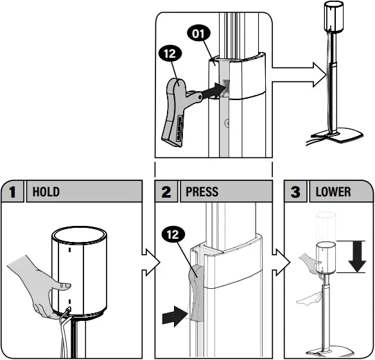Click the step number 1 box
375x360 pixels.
pyautogui.click(x=12, y=192)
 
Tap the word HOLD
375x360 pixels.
pyautogui.click(x=46, y=192)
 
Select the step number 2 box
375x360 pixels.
pyautogui.click(x=167, y=192)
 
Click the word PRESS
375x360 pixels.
pyautogui.click(x=202, y=192)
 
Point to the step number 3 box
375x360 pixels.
pyautogui.click(x=296, y=192)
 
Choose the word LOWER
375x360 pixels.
pyautogui.click(x=333, y=192)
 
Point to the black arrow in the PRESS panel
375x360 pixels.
pyautogui.click(x=173, y=315)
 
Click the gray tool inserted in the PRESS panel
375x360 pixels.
pyautogui.click(x=196, y=295)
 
